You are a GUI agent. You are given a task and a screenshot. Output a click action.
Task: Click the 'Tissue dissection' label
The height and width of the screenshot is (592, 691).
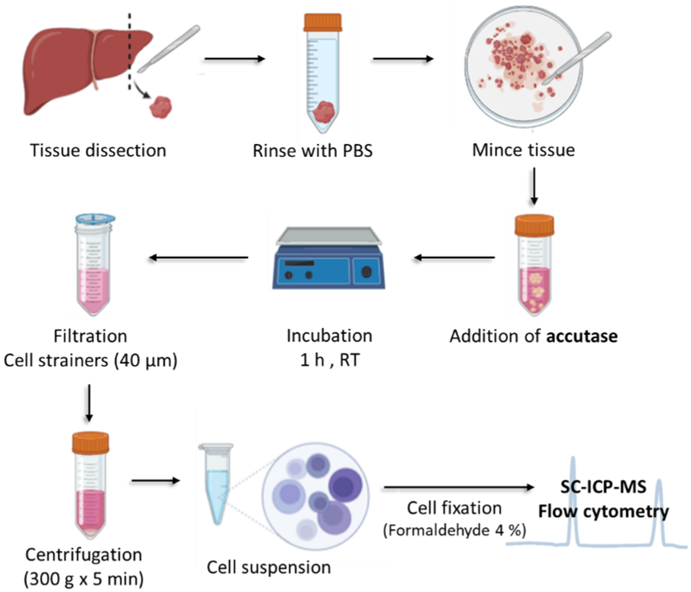pos(99,151)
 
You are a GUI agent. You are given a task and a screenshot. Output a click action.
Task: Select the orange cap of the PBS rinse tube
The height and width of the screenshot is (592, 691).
pos(322,21)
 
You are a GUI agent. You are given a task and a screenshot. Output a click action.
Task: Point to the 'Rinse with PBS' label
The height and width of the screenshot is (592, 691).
pos(312,151)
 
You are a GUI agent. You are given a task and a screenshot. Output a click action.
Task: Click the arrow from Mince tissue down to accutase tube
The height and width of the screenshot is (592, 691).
pos(533,188)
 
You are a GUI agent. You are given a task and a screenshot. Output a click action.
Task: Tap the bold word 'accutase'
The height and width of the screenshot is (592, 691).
pos(582,336)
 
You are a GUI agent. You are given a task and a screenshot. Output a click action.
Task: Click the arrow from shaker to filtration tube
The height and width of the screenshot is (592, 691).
pos(199,257)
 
